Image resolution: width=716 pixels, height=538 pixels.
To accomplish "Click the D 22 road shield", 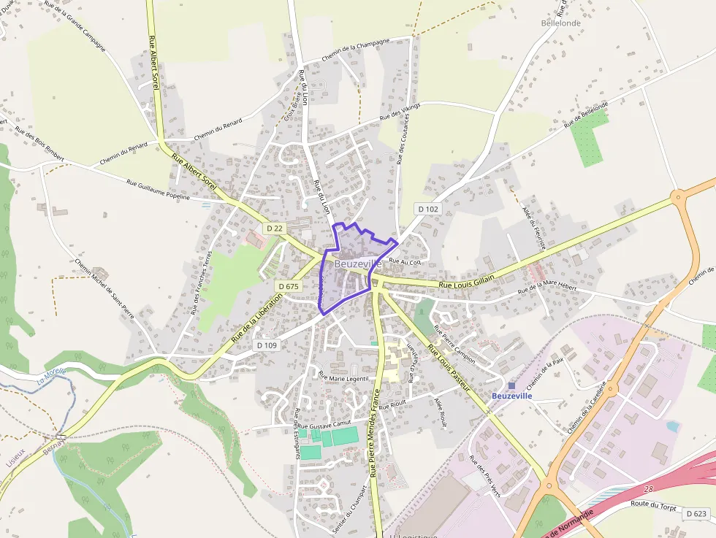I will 275,228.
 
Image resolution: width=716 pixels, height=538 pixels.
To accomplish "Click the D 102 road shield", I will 429,209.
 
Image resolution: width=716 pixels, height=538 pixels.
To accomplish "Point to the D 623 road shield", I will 697,514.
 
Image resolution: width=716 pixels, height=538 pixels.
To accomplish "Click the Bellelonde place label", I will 561,23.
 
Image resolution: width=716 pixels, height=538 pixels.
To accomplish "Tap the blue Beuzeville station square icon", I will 511,385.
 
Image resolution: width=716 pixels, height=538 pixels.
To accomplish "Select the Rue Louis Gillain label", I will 467,281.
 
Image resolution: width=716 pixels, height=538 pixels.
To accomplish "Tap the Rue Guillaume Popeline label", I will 159,190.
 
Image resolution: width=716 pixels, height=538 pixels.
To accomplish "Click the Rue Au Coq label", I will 405,261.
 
